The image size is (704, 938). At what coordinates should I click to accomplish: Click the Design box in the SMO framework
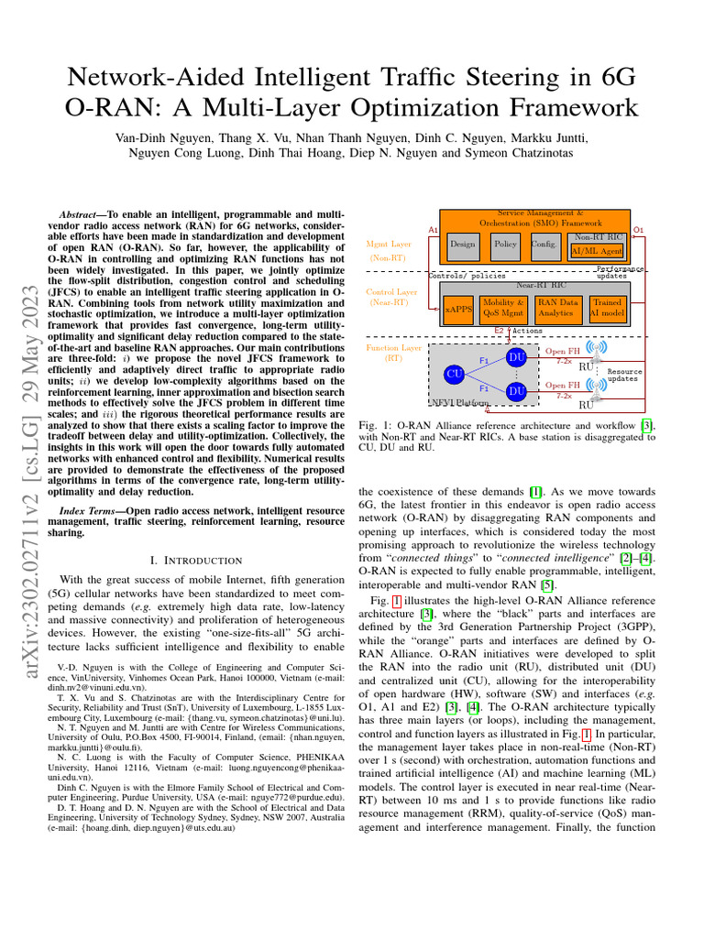[463, 245]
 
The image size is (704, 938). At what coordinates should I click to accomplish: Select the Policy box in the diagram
[505, 245]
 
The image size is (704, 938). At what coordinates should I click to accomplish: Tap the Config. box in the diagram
[544, 245]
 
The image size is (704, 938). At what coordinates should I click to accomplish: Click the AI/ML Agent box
[597, 250]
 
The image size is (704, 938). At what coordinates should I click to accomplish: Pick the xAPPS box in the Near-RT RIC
[458, 310]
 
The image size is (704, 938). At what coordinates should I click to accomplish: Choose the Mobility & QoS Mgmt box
[503, 307]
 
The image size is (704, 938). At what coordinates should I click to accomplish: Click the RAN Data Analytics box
[557, 307]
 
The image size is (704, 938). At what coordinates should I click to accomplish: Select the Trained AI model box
[606, 307]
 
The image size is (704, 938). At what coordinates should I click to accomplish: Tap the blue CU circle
[454, 374]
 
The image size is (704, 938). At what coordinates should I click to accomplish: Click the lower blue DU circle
[516, 391]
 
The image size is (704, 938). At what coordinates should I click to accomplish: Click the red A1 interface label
[434, 229]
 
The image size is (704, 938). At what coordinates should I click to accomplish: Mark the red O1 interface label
[639, 229]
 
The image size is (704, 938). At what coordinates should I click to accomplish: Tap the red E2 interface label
[499, 330]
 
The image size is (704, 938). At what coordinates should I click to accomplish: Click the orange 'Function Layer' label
[393, 348]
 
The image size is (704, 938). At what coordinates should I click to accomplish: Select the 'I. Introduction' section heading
[194, 560]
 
